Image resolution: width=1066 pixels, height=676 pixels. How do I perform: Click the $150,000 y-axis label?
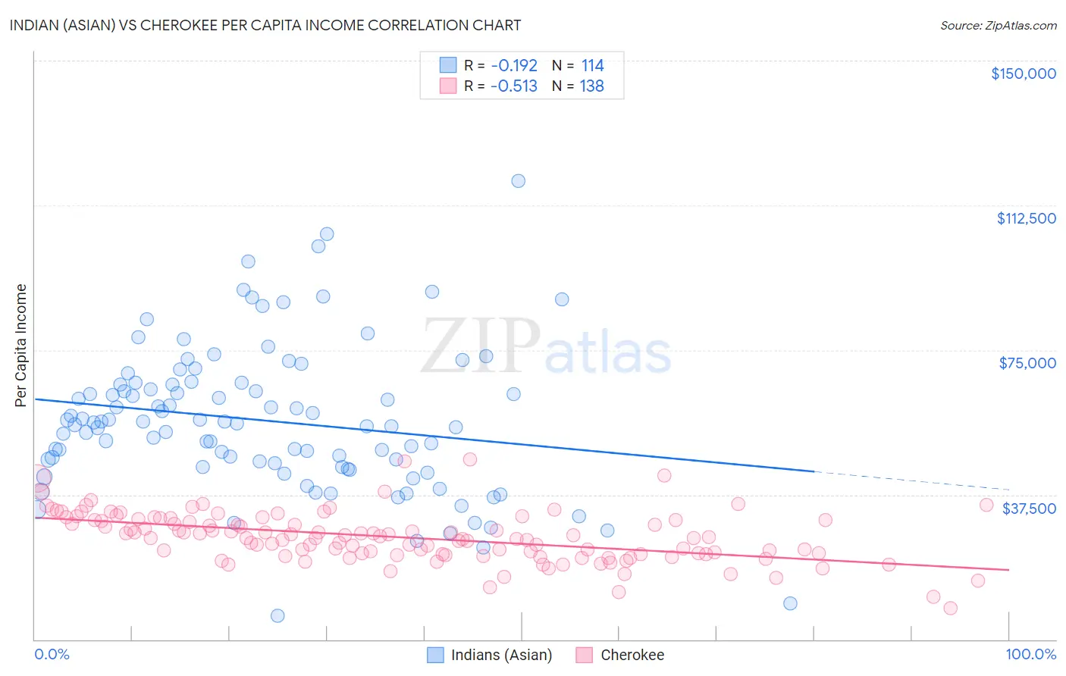pyautogui.click(x=1023, y=74)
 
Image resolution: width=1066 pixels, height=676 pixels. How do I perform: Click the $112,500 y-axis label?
pyautogui.click(x=1026, y=218)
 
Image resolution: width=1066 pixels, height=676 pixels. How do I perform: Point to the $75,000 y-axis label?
pyautogui.click(x=1027, y=363)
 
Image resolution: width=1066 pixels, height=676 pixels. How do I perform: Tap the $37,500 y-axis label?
pyautogui.click(x=1028, y=509)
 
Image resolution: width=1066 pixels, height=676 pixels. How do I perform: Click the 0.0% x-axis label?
pyautogui.click(x=52, y=654)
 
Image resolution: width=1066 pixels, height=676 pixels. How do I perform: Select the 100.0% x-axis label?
pyautogui.click(x=1030, y=654)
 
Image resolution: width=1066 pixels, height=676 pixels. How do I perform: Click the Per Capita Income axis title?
pyautogui.click(x=21, y=346)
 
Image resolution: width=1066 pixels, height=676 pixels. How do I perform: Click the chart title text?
pyautogui.click(x=265, y=25)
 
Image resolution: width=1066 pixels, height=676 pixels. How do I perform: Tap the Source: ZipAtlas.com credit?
pyautogui.click(x=998, y=25)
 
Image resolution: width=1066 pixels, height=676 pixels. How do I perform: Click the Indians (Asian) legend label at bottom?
pyautogui.click(x=501, y=655)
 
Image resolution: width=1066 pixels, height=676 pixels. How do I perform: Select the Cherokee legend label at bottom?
pyautogui.click(x=632, y=655)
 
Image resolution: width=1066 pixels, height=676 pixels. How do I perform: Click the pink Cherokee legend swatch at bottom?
pyautogui.click(x=584, y=655)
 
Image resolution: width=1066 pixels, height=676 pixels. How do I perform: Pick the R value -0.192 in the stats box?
pyautogui.click(x=514, y=65)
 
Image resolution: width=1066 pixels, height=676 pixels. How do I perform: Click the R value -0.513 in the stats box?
pyautogui.click(x=514, y=86)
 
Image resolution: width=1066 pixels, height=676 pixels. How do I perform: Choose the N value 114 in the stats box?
pyautogui.click(x=592, y=65)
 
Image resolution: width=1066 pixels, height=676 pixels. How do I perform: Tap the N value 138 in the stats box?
pyautogui.click(x=592, y=86)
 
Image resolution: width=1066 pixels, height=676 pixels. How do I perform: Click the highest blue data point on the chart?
pyautogui.click(x=518, y=180)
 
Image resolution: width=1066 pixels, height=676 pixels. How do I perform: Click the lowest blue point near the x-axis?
pyautogui.click(x=277, y=615)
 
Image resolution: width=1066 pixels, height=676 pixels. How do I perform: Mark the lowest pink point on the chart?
pyautogui.click(x=950, y=608)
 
